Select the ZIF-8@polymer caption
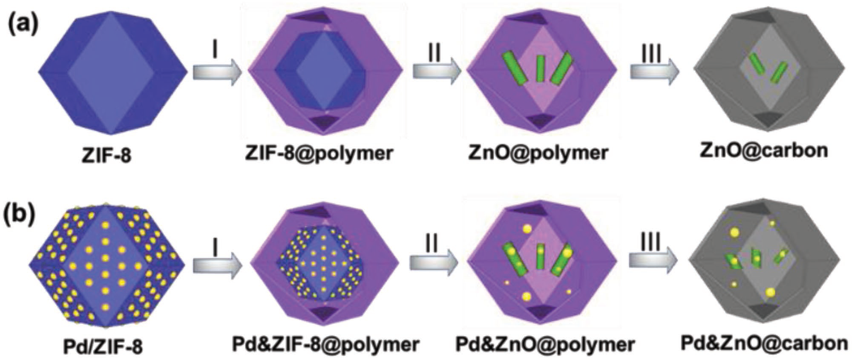tap(319, 152)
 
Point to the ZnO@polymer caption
tap(538, 152)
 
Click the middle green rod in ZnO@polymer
tap(541, 68)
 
